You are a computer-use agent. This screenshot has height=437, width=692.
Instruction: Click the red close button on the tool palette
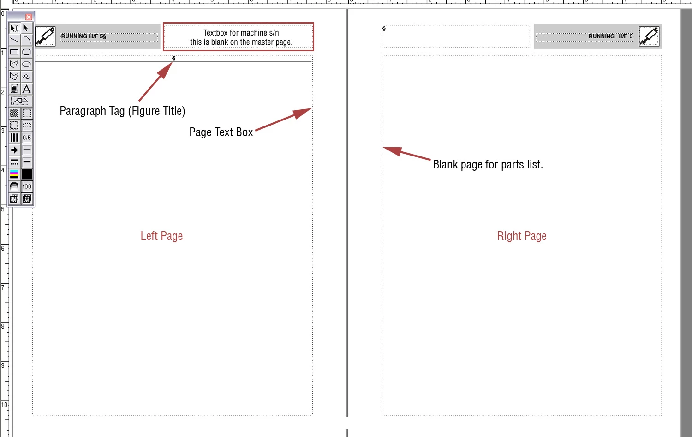[x=29, y=17]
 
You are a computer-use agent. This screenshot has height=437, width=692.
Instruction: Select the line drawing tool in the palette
[x=14, y=40]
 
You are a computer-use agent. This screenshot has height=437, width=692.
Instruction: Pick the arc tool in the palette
[x=27, y=40]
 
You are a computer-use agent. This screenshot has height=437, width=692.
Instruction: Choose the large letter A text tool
[x=27, y=89]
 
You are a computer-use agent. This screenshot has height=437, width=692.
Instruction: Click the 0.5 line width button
[x=27, y=138]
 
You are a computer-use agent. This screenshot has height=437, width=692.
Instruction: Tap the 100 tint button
[x=27, y=186]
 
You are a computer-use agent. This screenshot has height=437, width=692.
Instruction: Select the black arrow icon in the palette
[x=14, y=150]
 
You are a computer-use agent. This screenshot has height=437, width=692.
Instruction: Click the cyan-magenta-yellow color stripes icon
[x=14, y=174]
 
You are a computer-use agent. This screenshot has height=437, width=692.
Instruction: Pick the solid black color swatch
[x=27, y=174]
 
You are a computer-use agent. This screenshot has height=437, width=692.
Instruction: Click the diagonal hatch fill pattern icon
[x=14, y=113]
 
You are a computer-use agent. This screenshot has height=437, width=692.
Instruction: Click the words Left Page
[x=161, y=236]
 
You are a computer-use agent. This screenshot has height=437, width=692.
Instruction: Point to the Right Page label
[x=522, y=236]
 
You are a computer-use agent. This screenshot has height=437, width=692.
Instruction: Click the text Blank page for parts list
[x=488, y=164]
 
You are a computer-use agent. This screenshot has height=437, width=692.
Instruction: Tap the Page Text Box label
[x=221, y=132]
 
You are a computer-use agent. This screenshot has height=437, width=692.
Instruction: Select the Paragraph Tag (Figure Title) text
[x=122, y=111]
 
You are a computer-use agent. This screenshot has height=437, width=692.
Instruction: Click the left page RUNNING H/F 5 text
[x=84, y=36]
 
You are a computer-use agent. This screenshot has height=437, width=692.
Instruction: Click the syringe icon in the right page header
[x=649, y=36]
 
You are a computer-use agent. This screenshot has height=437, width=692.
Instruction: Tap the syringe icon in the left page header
[x=45, y=36]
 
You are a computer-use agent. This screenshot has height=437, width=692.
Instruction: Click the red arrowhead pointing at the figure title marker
[x=165, y=70]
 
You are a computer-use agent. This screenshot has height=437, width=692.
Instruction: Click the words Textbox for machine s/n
[x=241, y=33]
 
